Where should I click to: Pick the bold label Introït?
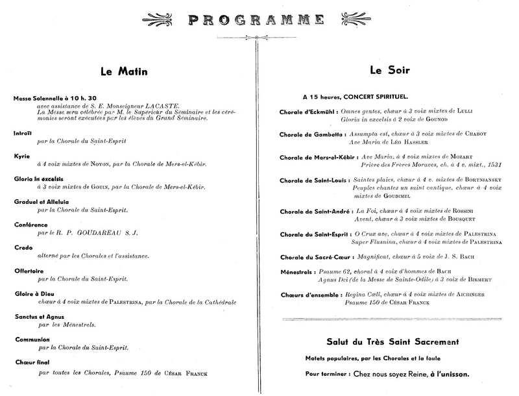23,132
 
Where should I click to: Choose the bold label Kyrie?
21,156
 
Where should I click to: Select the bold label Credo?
23,247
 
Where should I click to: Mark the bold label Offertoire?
29,271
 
